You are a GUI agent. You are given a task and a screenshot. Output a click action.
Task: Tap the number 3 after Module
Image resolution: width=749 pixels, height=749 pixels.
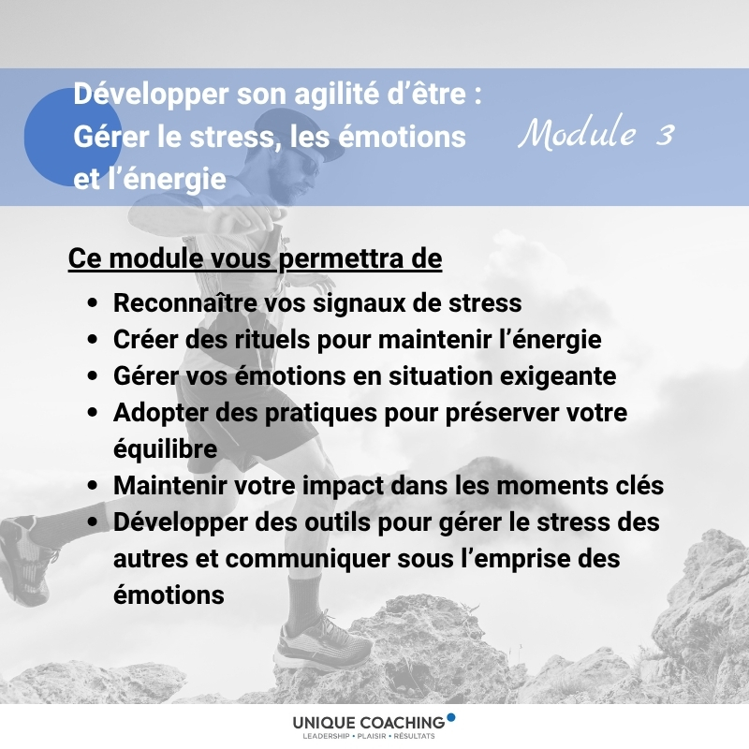click(x=665, y=135)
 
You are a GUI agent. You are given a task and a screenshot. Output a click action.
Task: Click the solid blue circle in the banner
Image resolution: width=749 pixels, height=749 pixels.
click(x=72, y=137)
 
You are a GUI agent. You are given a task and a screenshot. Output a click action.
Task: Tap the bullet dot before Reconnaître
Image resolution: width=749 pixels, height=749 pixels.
click(x=93, y=302)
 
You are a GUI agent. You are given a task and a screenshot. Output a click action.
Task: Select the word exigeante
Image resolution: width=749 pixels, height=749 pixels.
click(x=558, y=377)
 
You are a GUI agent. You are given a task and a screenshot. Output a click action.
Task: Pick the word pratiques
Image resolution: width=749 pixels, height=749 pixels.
click(x=321, y=413)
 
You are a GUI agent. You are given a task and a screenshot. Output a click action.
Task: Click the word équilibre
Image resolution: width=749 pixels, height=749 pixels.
click(x=166, y=449)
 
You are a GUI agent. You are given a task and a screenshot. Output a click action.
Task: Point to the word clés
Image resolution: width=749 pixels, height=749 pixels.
click(x=639, y=486)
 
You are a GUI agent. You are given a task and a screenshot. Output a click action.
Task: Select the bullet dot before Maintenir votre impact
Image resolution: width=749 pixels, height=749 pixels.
click(x=93, y=485)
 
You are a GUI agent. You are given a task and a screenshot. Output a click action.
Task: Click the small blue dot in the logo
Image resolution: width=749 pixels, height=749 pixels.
click(x=450, y=717)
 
